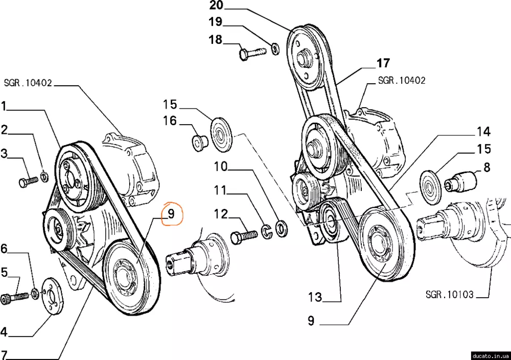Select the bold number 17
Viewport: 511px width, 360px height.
pyautogui.click(x=383, y=63)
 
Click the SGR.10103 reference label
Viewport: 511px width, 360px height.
pyautogui.click(x=449, y=295)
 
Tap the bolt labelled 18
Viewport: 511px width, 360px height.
pyautogui.click(x=252, y=52)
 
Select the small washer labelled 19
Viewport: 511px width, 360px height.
pyautogui.click(x=275, y=49)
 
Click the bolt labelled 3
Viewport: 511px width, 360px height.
pyautogui.click(x=29, y=181)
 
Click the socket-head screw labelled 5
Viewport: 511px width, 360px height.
pyautogui.click(x=19, y=296)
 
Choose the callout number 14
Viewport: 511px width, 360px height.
pyautogui.click(x=483, y=132)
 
